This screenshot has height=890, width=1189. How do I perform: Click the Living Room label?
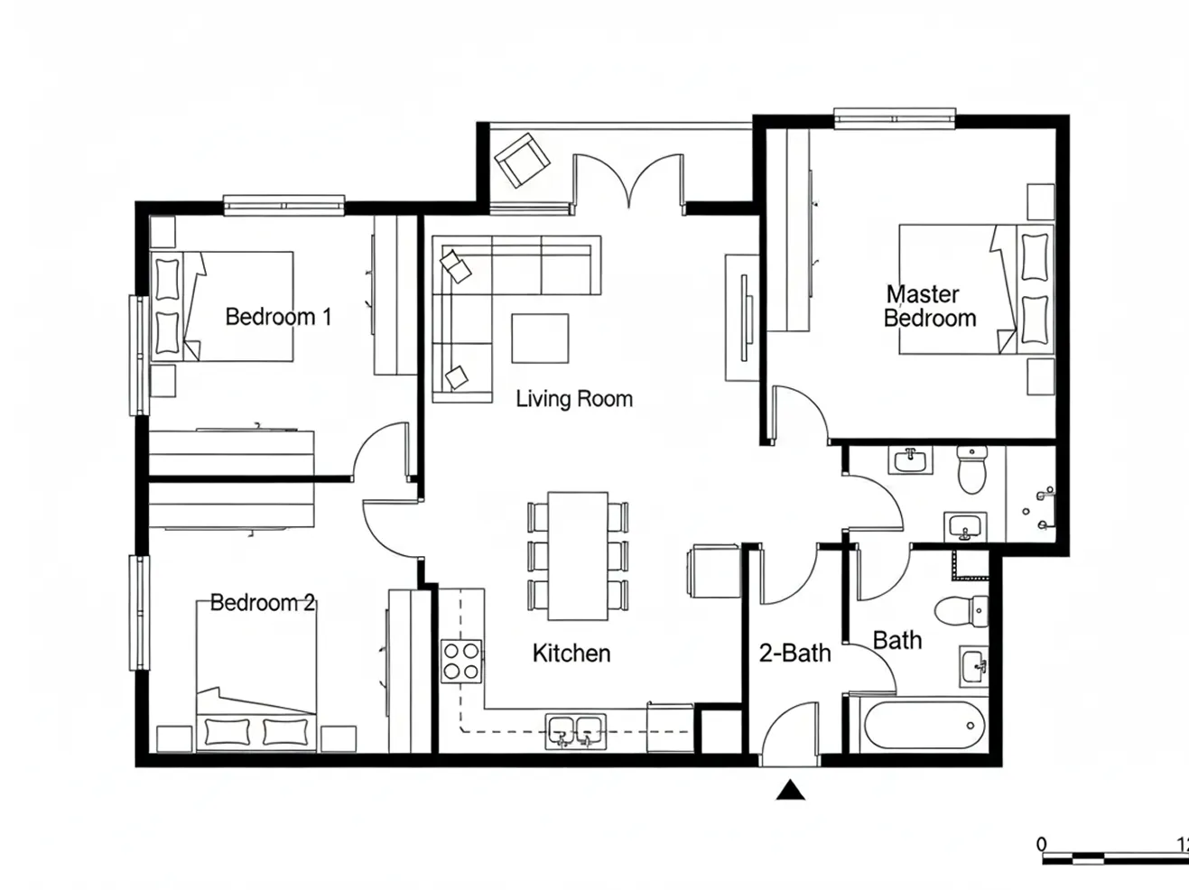574,399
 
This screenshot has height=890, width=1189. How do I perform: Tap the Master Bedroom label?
930,306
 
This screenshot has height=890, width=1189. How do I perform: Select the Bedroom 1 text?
278,317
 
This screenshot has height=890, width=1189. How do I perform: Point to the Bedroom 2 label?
263,603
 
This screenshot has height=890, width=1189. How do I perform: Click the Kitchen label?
571,654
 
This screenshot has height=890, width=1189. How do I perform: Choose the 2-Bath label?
794,654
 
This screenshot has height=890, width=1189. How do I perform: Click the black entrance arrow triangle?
790,790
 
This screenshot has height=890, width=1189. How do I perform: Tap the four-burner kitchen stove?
461,661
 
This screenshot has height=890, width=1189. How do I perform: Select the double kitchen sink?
576,731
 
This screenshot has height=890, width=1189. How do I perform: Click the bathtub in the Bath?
924,726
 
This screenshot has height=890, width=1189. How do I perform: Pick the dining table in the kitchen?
578,556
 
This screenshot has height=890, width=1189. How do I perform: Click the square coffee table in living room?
540,338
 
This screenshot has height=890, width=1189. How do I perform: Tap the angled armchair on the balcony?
522,161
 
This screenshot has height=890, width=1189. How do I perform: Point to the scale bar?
1116,858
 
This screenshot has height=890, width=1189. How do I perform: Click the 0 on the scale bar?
1042,844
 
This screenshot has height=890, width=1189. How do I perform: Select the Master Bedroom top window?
895,119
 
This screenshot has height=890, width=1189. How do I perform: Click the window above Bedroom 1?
283,206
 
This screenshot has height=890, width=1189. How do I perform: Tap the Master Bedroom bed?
977,290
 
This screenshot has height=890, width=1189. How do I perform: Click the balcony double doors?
628,181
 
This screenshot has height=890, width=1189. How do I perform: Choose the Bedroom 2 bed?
256,676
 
